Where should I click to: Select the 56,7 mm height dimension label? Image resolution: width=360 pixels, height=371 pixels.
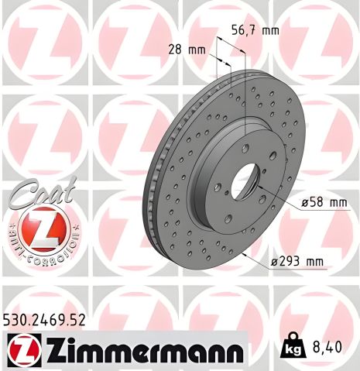click(255, 31)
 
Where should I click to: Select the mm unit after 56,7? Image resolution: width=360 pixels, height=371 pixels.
click(269, 31)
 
